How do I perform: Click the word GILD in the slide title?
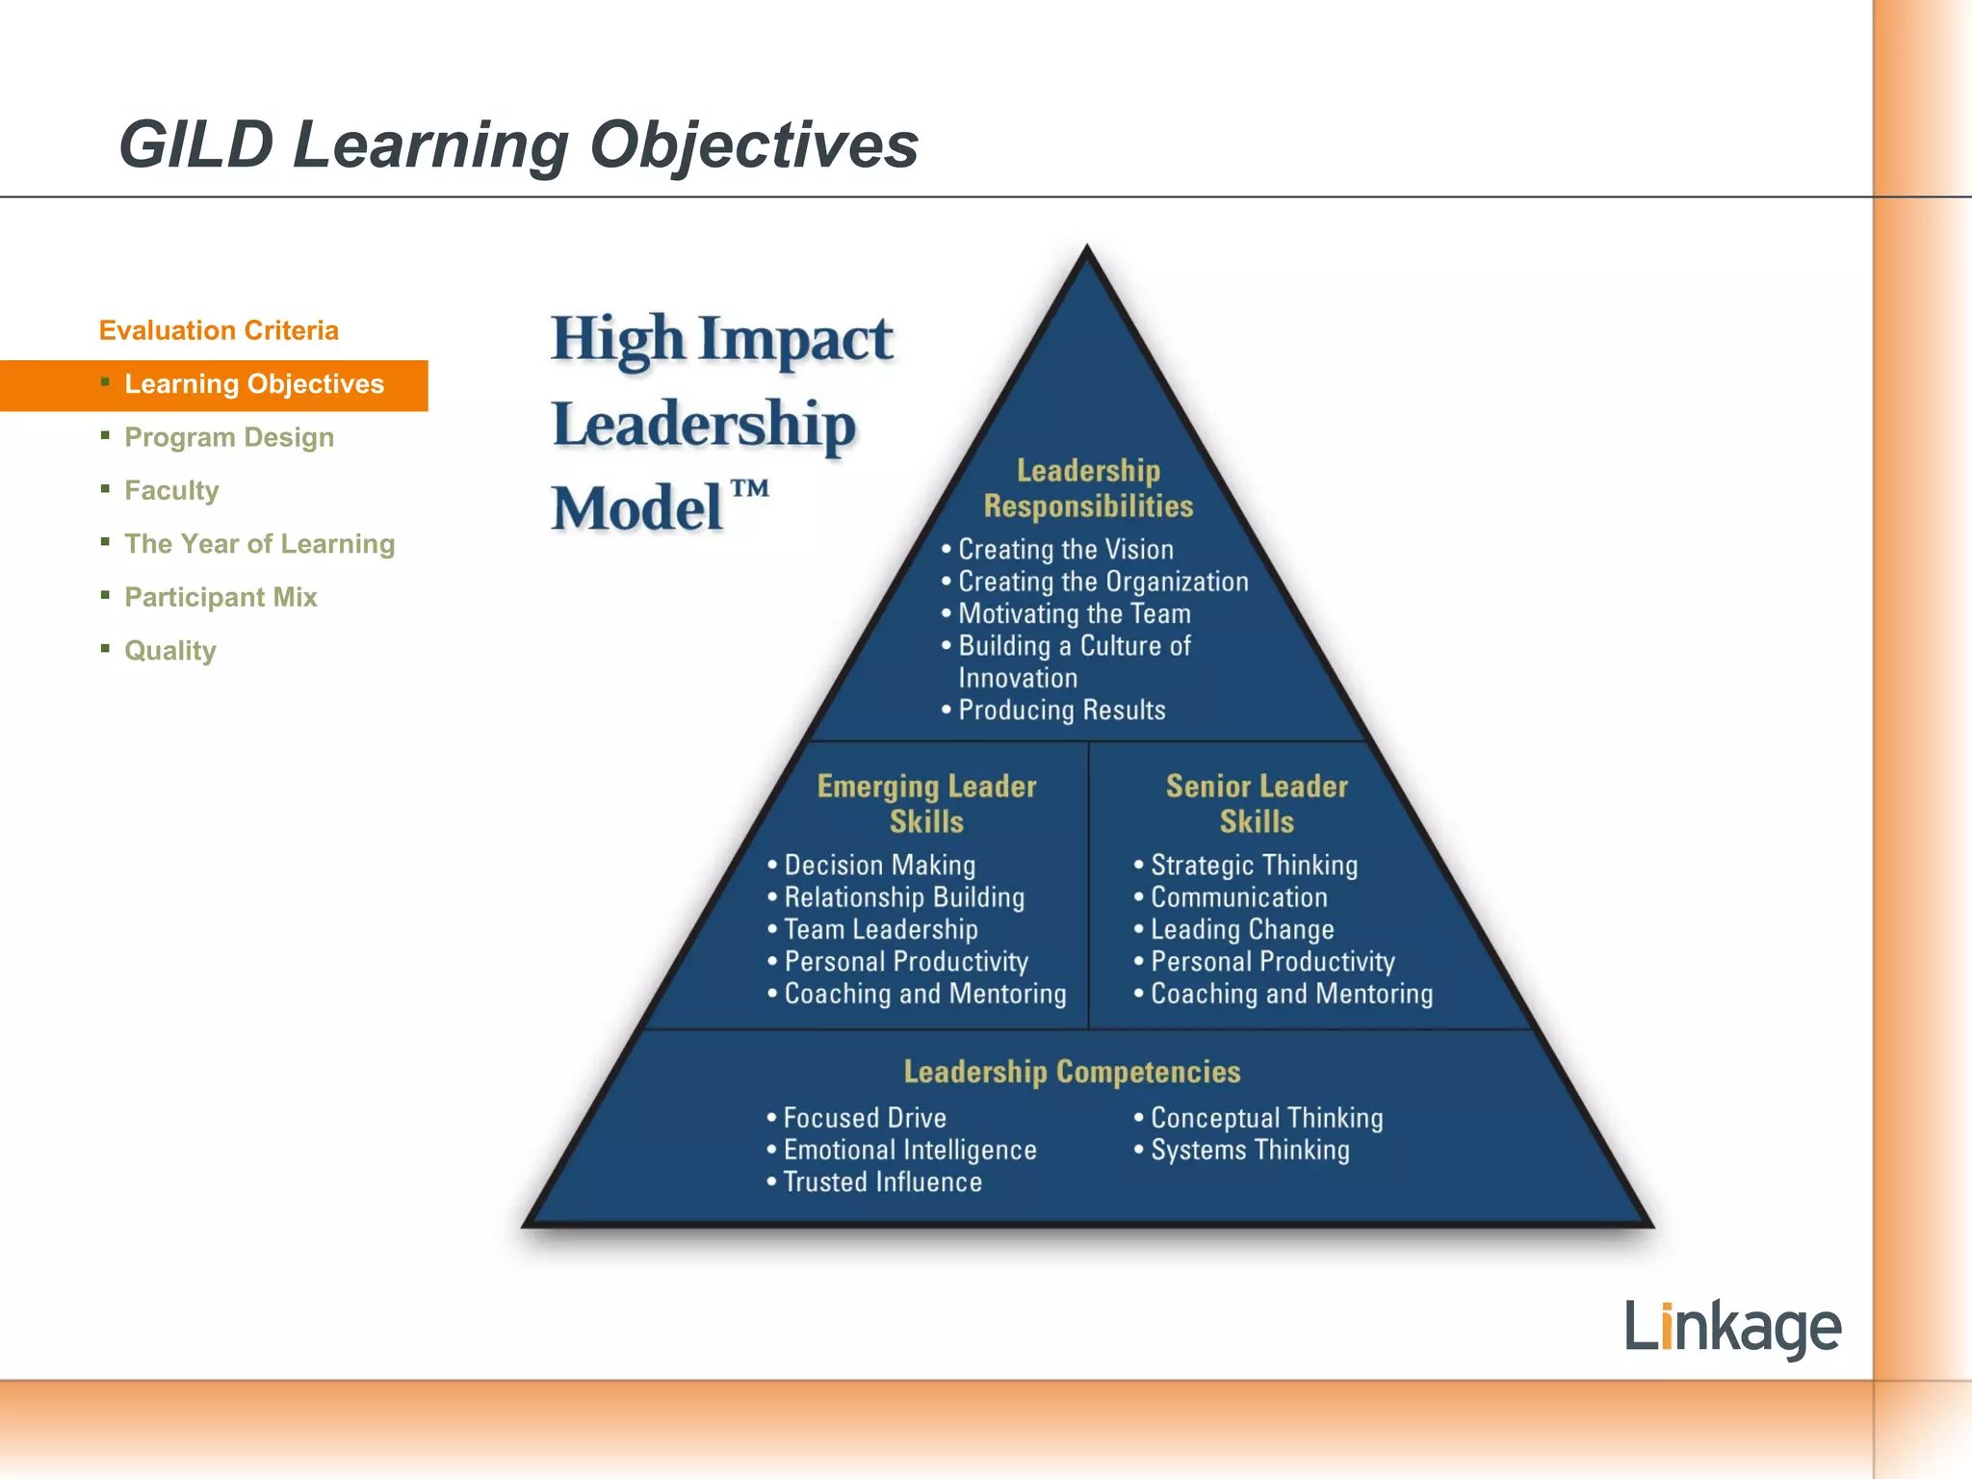pyautogui.click(x=196, y=145)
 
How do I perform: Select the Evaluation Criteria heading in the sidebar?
pyautogui.click(x=219, y=330)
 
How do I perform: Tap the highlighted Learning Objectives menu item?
pyautogui.click(x=254, y=384)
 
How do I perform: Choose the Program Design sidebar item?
pyautogui.click(x=229, y=437)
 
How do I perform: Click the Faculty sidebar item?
pyautogui.click(x=171, y=491)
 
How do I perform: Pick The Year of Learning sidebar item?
pyautogui.click(x=259, y=544)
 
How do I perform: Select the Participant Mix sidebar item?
pyautogui.click(x=221, y=597)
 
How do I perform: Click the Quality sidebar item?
pyautogui.click(x=170, y=651)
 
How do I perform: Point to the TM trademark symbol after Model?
pyautogui.click(x=750, y=489)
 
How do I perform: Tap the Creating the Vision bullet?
pyautogui.click(x=1065, y=550)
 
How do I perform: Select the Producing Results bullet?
pyautogui.click(x=1061, y=711)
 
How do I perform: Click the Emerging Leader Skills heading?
pyautogui.click(x=926, y=804)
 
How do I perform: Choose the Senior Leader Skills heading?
pyautogui.click(x=1257, y=804)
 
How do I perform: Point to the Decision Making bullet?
pyautogui.click(x=879, y=866)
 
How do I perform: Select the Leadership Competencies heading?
pyautogui.click(x=1072, y=1072)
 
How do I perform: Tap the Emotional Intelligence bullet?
pyautogui.click(x=909, y=1150)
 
